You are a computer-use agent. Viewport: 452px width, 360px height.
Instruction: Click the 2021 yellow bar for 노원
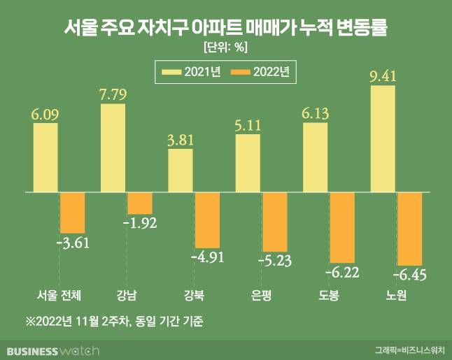click(383, 138)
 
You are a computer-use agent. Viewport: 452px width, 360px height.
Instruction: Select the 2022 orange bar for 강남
click(140, 203)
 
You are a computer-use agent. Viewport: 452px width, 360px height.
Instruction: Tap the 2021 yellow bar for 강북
click(181, 170)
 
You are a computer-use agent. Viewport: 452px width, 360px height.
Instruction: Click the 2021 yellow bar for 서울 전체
click(46, 157)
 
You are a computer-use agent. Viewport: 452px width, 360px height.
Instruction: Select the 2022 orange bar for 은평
click(275, 222)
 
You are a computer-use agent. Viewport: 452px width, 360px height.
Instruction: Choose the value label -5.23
click(275, 261)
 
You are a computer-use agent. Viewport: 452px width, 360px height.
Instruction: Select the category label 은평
click(261, 294)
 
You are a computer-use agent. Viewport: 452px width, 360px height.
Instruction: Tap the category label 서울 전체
click(58, 294)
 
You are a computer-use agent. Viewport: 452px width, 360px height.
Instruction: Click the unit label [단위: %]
click(225, 48)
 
